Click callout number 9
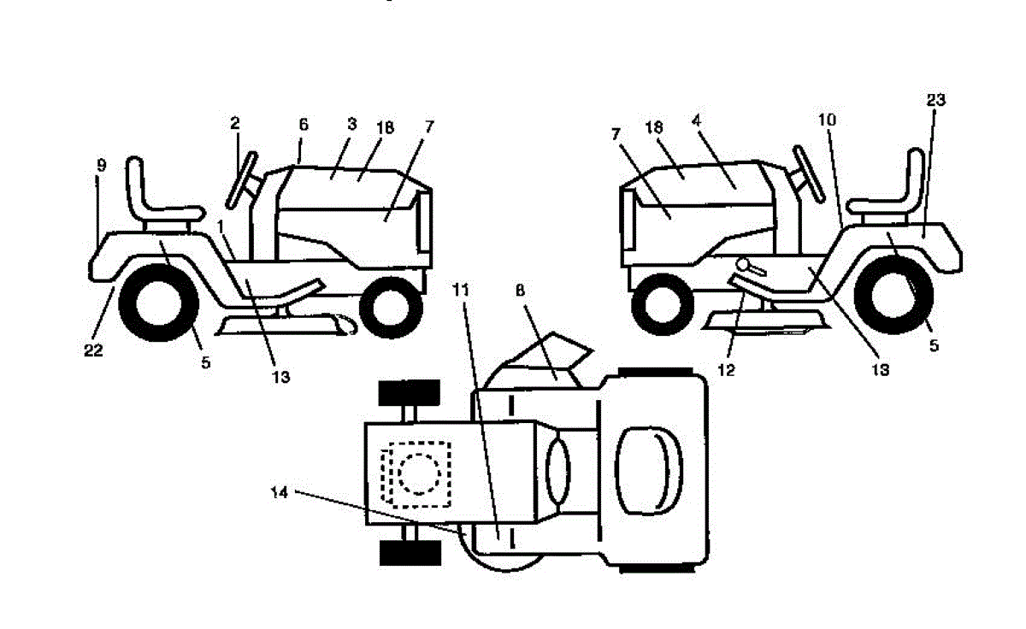click(x=101, y=165)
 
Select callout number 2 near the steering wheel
click(x=234, y=123)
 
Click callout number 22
click(x=94, y=350)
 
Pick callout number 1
click(x=222, y=226)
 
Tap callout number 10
click(x=827, y=121)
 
